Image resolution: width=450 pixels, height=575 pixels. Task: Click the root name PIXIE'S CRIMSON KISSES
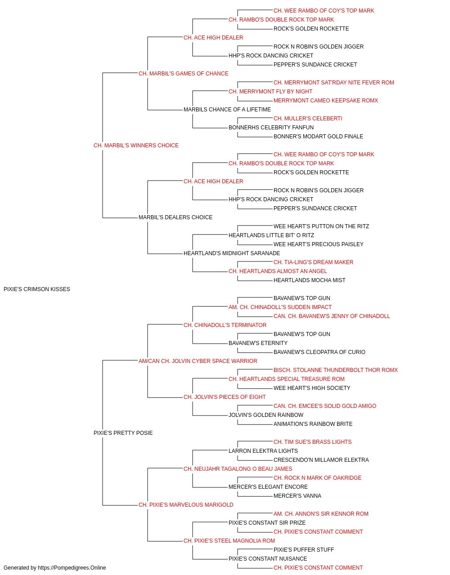point(37,289)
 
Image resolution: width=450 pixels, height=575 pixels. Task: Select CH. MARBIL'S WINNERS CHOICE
point(136,146)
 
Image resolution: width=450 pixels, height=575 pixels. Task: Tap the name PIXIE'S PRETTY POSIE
point(123,433)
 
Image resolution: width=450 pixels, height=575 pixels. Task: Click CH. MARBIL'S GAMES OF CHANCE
point(184,74)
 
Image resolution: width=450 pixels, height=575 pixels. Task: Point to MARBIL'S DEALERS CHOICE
point(175,217)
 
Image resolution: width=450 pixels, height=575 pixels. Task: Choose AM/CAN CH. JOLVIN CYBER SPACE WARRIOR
point(198,361)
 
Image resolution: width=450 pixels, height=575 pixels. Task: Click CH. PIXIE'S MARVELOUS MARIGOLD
point(186,505)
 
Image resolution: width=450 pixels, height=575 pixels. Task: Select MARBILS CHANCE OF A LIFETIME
point(227,110)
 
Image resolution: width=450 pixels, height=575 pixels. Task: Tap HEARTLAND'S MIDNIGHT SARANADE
point(232,253)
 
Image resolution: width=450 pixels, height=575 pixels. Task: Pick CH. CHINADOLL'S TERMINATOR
point(225,325)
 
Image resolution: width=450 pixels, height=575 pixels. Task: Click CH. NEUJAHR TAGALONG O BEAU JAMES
point(238,469)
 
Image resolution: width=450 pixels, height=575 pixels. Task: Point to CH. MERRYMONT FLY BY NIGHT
point(270,92)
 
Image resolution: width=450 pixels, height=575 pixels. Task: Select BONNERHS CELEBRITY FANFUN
point(271,128)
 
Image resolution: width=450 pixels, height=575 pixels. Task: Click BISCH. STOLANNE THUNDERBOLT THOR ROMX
point(336,370)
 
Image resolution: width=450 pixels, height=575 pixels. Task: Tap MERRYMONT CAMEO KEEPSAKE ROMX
point(326,101)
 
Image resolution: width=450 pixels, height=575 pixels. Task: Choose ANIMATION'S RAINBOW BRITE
point(313,424)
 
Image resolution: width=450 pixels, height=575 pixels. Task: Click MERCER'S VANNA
point(297,496)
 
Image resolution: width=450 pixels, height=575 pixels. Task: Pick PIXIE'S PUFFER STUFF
point(304,550)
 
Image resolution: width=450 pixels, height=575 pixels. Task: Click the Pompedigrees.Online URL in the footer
point(72,568)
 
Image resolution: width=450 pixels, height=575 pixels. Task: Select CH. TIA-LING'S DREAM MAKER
point(313,262)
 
